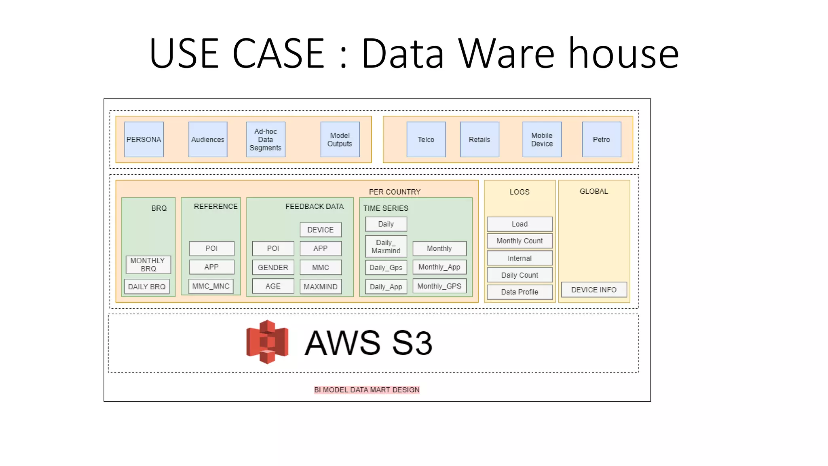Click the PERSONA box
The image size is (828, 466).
coord(144,140)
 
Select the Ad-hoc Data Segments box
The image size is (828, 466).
coord(266,140)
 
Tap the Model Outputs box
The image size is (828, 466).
coord(340,140)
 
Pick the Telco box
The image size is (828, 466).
coord(426,140)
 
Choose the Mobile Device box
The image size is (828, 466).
coord(542,140)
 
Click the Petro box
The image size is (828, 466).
coord(601,140)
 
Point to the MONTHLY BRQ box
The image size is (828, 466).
coord(148,265)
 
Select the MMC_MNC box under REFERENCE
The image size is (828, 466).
coord(211,286)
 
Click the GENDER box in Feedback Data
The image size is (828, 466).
coord(273,267)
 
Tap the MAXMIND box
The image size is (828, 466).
coord(320,286)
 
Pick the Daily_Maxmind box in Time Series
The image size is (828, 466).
coord(386,246)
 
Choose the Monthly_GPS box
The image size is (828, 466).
coord(439,286)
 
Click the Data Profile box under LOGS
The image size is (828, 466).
coord(520,292)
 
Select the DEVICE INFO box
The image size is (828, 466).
coord(594,290)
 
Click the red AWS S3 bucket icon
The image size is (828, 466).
coord(267,342)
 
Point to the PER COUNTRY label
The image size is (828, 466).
coord(395,192)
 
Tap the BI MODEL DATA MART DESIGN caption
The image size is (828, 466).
coord(367,390)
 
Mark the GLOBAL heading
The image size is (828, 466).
coord(594,191)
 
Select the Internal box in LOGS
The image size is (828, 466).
coord(520,258)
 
